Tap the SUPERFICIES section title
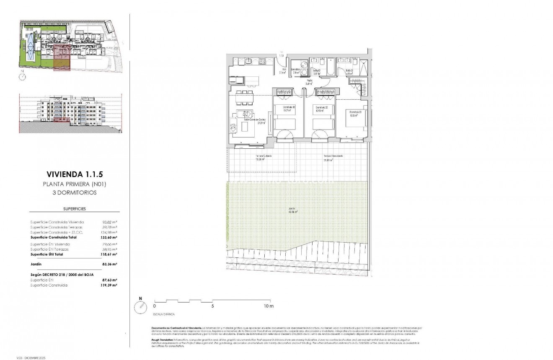pos(74,208)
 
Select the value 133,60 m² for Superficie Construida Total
pos(109,237)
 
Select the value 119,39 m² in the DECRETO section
pos(109,285)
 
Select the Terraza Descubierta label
pos(333,157)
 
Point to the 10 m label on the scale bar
pos(269,306)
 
